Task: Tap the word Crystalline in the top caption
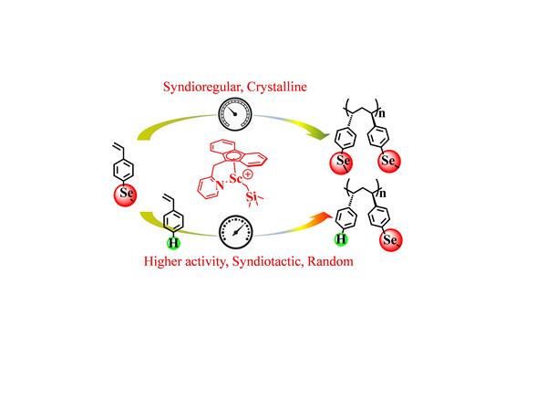(277, 87)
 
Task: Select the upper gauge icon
(235, 114)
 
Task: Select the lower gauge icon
(236, 232)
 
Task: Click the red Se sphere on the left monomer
(125, 195)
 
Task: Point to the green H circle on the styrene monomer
(173, 243)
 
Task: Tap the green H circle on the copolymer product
(341, 239)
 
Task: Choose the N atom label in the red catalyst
(220, 185)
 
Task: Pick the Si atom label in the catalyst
(252, 196)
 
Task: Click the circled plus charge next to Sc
(247, 174)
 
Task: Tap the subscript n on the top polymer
(382, 114)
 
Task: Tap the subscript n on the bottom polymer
(383, 194)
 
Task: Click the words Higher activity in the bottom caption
(185, 261)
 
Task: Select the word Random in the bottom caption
(330, 261)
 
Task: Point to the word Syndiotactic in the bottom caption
(266, 262)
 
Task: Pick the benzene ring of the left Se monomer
(123, 170)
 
